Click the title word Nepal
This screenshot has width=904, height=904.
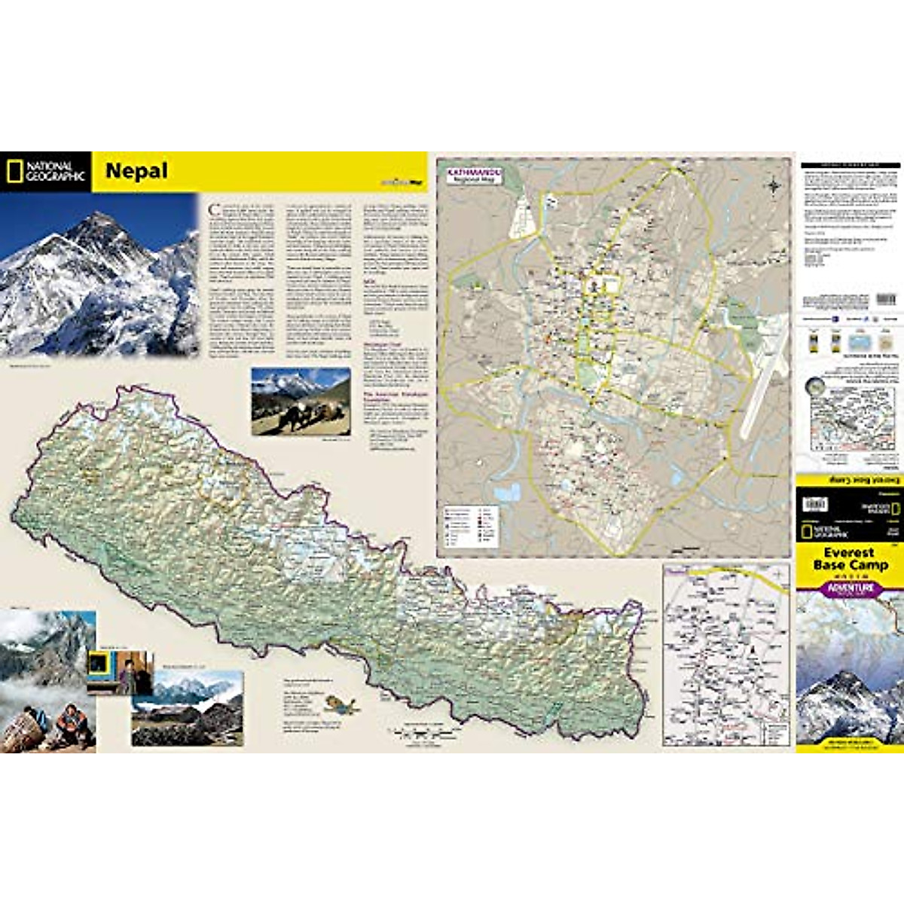136,171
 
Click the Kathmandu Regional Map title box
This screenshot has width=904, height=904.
472,176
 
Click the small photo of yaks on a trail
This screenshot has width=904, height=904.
301,402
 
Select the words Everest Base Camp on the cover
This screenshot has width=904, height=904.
851,559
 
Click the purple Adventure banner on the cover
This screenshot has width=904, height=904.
851,588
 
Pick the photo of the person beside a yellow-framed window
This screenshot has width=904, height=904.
120,672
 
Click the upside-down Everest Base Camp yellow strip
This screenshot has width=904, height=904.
850,478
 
